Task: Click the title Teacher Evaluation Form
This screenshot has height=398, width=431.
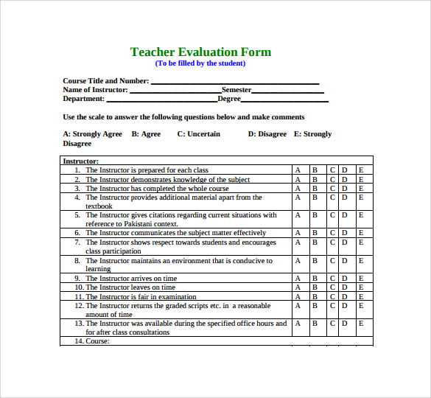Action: (x=200, y=52)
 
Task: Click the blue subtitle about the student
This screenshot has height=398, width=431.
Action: (x=200, y=63)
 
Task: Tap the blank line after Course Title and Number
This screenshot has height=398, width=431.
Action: (x=234, y=82)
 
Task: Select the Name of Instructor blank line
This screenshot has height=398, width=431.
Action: (x=175, y=91)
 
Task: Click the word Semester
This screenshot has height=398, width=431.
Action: (x=236, y=90)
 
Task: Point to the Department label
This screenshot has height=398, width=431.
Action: (x=84, y=99)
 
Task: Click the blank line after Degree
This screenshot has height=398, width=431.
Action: (x=285, y=99)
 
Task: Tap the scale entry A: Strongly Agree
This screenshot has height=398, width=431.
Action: (x=93, y=134)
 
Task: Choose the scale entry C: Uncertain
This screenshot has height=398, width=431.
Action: (x=199, y=134)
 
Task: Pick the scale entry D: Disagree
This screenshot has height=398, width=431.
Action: (x=267, y=134)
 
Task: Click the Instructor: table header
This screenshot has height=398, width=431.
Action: (x=81, y=161)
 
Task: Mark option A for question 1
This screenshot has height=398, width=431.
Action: (x=298, y=170)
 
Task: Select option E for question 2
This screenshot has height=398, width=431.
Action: (x=361, y=179)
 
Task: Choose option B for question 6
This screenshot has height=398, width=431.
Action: (x=315, y=233)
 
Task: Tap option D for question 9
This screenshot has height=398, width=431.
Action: (x=344, y=279)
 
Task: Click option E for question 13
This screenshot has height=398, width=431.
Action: (x=361, y=324)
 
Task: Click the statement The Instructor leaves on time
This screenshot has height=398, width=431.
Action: (x=130, y=287)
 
